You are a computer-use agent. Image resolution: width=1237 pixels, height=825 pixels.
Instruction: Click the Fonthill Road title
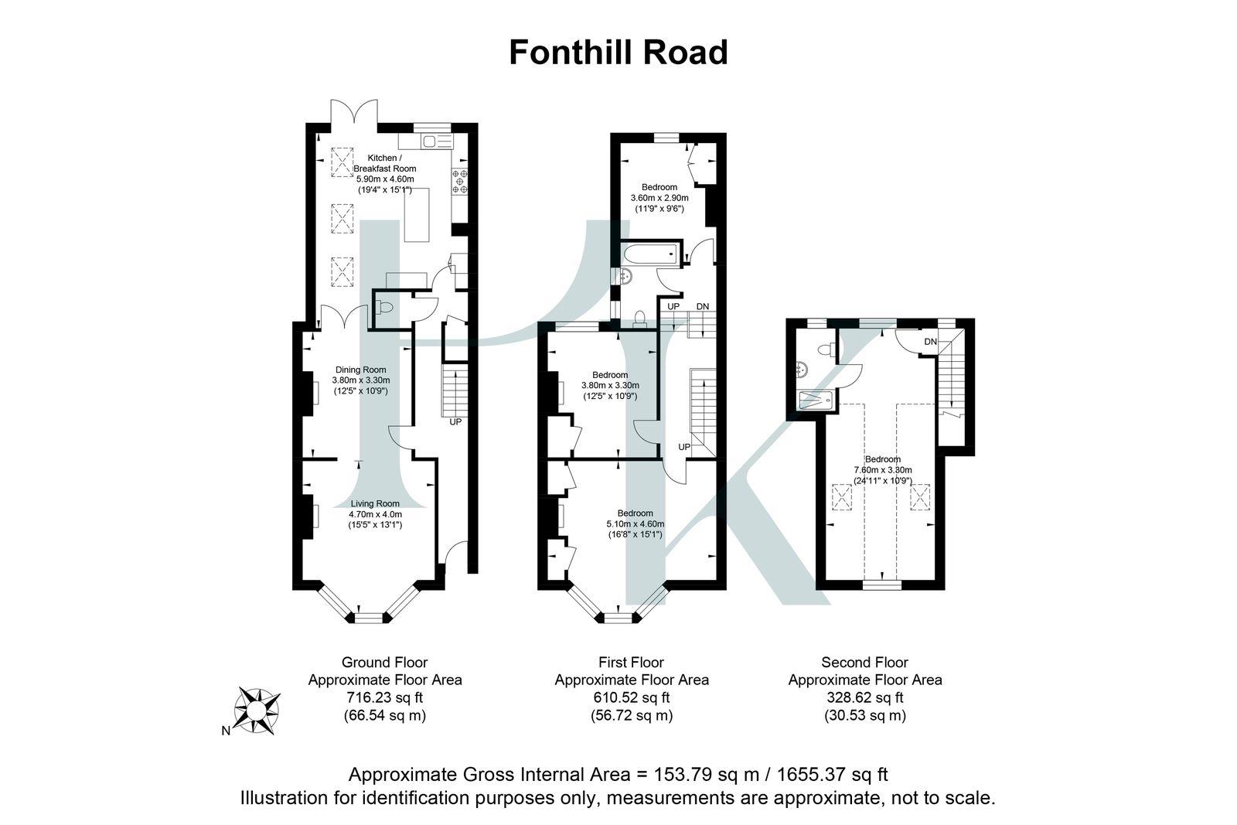(618, 53)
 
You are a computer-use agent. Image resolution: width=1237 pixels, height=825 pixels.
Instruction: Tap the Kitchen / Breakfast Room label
(384, 163)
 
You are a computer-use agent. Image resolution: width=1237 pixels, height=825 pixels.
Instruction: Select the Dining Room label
(360, 370)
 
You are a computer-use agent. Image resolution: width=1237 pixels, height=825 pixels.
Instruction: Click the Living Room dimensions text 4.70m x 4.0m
(375, 514)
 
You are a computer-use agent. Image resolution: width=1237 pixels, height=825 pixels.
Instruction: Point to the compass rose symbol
(257, 709)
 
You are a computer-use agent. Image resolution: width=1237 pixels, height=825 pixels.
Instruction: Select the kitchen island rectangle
(416, 213)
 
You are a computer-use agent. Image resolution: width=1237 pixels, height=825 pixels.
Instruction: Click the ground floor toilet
(384, 309)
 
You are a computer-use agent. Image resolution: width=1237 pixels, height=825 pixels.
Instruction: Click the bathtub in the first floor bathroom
(651, 253)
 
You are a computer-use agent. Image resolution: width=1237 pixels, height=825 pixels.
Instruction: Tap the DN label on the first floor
(702, 307)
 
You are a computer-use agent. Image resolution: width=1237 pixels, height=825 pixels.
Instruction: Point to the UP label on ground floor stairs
(455, 422)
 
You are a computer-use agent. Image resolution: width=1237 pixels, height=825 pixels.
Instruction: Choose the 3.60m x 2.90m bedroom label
(659, 198)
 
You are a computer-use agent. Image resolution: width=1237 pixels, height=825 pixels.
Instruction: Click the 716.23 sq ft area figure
(385, 697)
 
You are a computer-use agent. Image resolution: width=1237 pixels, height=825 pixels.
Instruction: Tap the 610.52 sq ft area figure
(631, 697)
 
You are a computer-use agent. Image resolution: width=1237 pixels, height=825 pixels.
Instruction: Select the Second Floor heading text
(864, 662)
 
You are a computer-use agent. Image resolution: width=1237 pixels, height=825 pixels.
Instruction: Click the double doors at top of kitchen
(354, 112)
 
